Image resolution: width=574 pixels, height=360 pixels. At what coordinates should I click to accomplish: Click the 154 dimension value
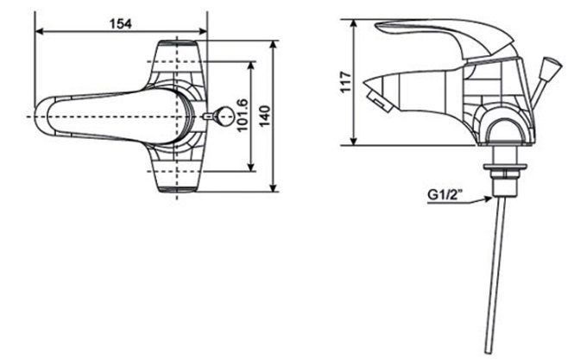coord(120,23)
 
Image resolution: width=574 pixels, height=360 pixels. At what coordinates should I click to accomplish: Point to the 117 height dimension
coord(346,83)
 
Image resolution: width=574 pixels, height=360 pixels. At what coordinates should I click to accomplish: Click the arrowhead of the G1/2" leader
coord(489,194)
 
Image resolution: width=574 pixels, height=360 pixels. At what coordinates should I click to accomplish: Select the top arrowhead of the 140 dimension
coord(272,41)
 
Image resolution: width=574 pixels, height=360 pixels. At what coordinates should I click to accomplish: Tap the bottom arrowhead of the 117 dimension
coord(356,143)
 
